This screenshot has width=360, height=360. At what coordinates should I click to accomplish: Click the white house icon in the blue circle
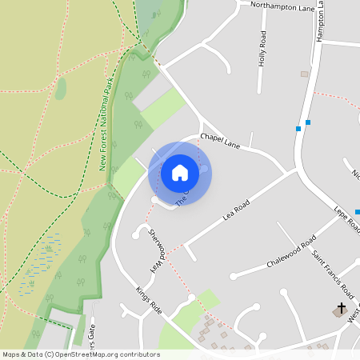(180, 173)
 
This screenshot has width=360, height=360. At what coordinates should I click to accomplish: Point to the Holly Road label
(262, 50)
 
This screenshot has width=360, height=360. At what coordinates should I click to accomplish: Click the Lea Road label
(237, 210)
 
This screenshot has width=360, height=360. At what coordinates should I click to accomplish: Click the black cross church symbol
(342, 308)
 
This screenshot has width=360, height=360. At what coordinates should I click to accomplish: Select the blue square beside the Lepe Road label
(358, 212)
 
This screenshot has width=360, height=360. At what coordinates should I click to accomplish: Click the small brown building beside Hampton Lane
(305, 74)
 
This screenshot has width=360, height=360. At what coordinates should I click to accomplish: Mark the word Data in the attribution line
(32, 354)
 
